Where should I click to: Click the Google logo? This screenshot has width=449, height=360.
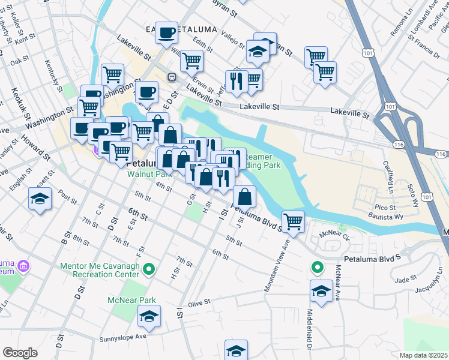(x=20, y=353)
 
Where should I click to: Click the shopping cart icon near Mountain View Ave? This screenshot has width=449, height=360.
(x=293, y=221)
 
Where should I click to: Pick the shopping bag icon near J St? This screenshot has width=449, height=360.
(x=245, y=196)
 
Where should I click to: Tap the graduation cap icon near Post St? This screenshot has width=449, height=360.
(x=40, y=199)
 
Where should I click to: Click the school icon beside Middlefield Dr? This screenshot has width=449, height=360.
(x=321, y=292)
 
